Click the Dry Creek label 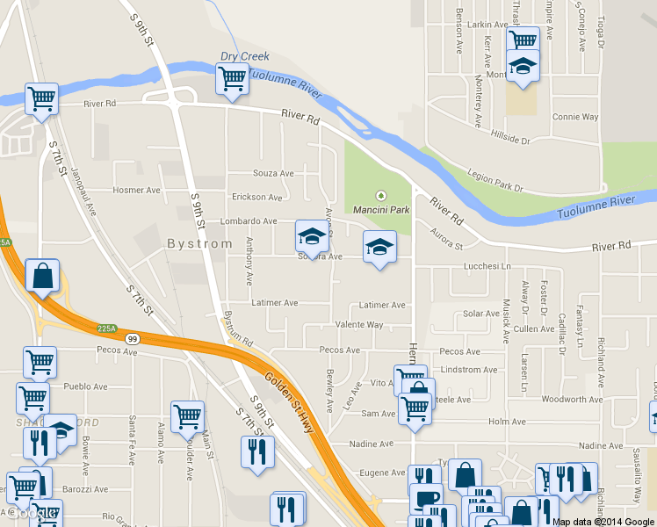point(244,56)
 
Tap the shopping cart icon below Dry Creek point(232,79)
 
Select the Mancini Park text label point(381,210)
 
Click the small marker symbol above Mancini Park point(381,196)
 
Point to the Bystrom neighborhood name point(199,243)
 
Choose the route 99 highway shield point(132,338)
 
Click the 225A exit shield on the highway point(106,328)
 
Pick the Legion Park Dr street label point(495,182)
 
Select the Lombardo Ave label point(249,221)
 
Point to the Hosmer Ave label point(137,190)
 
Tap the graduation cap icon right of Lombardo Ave point(310,235)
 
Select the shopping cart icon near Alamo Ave point(187,417)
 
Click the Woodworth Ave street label point(570,400)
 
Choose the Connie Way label point(575,117)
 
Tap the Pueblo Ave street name point(86,386)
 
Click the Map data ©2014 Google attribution point(603,521)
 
